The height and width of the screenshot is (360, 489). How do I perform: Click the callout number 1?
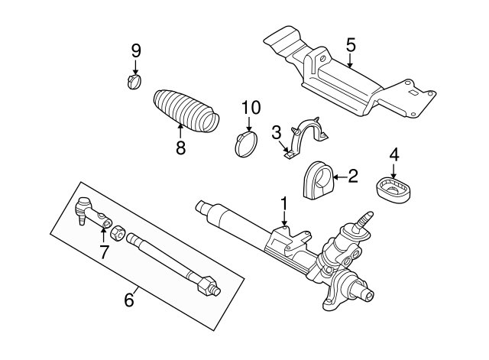coord(283,204)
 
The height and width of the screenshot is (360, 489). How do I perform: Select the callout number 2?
coord(352,177)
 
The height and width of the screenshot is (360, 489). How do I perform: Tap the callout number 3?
coord(276,132)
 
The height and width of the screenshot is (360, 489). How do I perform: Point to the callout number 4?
coord(394,155)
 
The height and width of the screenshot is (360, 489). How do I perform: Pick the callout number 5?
coord(350,45)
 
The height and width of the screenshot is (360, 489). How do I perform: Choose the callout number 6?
coord(129,300)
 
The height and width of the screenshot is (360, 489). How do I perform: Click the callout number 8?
coord(180,148)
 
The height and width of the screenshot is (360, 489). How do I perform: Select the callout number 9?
coord(136,51)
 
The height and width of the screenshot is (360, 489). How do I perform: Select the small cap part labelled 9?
coord(135,80)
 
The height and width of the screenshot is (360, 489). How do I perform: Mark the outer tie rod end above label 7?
coord(86,207)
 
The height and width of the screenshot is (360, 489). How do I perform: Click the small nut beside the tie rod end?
coord(117,232)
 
